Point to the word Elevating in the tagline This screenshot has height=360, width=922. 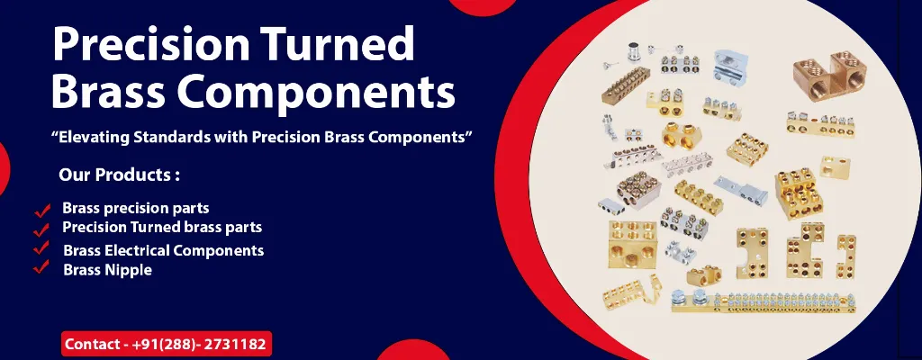(x=100, y=137)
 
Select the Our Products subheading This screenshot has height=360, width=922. (x=119, y=174)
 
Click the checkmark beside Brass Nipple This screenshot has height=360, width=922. (x=41, y=267)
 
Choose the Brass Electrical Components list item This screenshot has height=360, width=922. (x=163, y=249)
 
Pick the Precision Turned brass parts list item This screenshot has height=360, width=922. (x=162, y=228)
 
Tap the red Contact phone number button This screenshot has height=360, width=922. (x=167, y=344)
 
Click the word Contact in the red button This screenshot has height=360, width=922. (x=91, y=344)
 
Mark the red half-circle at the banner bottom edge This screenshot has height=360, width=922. (x=411, y=351)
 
